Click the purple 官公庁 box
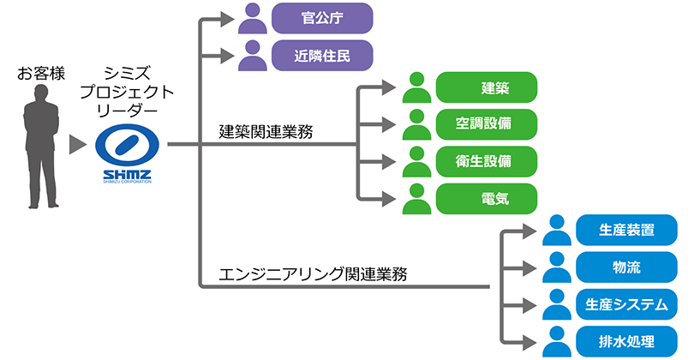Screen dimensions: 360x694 pyautogui.click(x=321, y=17)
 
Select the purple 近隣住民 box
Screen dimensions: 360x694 pyautogui.click(x=321, y=57)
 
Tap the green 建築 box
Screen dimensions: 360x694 pyautogui.click(x=485, y=87)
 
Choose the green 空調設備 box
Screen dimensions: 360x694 pyautogui.click(x=485, y=123)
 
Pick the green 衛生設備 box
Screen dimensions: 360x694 pyautogui.click(x=485, y=160)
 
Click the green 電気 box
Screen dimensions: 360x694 pyautogui.click(x=485, y=198)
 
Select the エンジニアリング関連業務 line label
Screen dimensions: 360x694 pyautogui.click(x=313, y=274)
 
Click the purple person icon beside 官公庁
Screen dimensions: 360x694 pyautogui.click(x=251, y=17)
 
